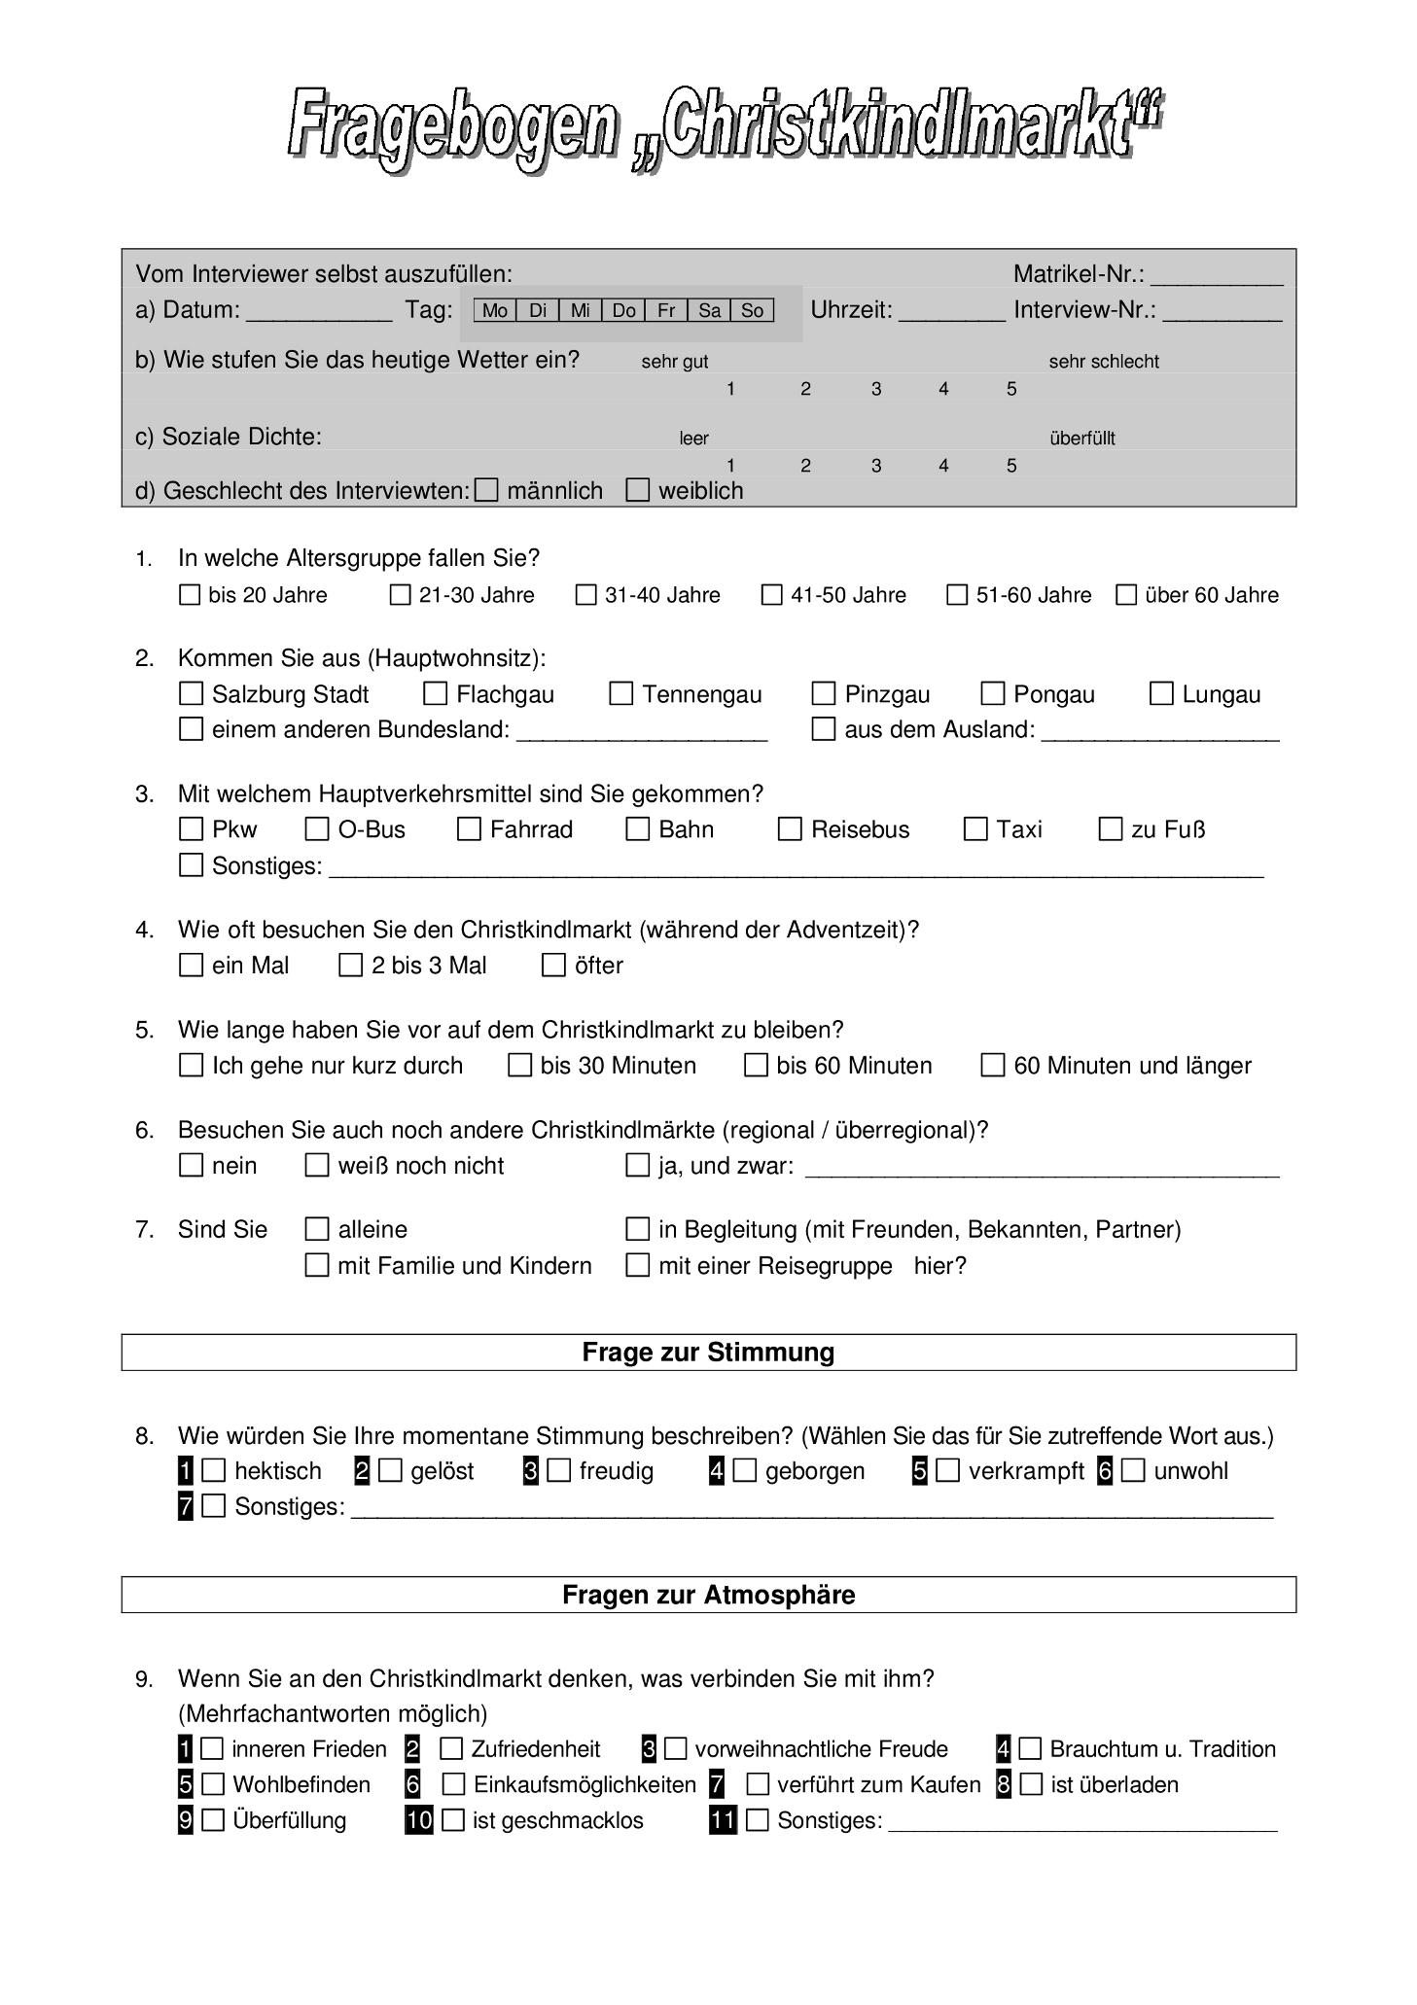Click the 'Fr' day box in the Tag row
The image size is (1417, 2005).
(666, 310)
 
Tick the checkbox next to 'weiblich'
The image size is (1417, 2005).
(638, 490)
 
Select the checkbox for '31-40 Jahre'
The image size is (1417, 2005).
(585, 594)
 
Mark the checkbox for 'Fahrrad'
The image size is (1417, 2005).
(470, 828)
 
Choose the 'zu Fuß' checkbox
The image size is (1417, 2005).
(1111, 828)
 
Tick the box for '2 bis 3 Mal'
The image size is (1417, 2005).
(350, 965)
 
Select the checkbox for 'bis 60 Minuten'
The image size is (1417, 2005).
(756, 1065)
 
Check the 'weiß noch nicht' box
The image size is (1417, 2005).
(317, 1165)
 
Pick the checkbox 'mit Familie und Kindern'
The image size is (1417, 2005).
(317, 1265)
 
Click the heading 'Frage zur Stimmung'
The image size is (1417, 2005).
(708, 1353)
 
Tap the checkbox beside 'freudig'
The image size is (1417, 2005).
(559, 1470)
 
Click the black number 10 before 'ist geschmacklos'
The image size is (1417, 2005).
(419, 1819)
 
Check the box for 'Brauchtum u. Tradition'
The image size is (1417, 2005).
(1030, 1748)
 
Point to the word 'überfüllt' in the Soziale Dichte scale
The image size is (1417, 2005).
(1082, 439)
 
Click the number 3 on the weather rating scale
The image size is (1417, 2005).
(876, 389)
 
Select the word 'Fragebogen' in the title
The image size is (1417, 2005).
(453, 128)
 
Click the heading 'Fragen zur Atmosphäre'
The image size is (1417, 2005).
(708, 1595)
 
